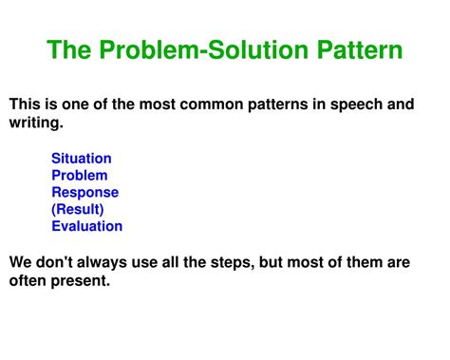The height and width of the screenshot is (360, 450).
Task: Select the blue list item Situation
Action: (82, 158)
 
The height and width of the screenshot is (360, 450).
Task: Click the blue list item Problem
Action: (80, 175)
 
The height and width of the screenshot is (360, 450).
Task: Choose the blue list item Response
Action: (85, 192)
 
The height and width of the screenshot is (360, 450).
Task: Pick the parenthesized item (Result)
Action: (78, 209)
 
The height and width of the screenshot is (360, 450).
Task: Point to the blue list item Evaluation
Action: (87, 226)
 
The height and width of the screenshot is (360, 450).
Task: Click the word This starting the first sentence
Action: (26, 104)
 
